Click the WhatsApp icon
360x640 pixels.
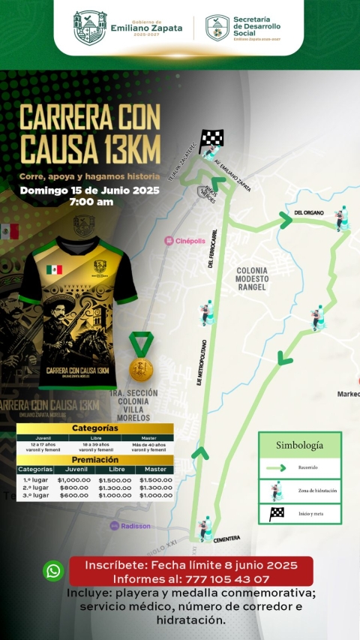(53, 571)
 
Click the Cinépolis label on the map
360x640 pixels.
(184, 241)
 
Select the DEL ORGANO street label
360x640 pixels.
(309, 212)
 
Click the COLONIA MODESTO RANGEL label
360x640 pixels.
(257, 278)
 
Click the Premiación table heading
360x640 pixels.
(95, 459)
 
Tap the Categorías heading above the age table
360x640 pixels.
(95, 428)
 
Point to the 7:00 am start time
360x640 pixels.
(91, 202)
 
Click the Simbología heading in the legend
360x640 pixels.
(299, 445)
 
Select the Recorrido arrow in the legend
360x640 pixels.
(276, 467)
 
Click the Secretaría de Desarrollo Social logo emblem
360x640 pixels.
(217, 28)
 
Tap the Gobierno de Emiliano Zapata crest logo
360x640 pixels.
(90, 28)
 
